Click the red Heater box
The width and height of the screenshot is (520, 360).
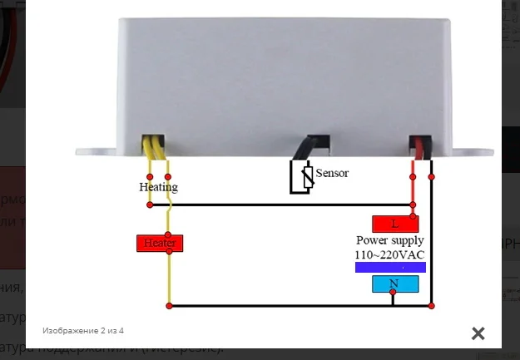[159, 243]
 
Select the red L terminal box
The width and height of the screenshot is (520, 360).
[394, 224]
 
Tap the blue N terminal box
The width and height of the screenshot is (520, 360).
[394, 284]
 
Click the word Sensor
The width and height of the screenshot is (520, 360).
[332, 173]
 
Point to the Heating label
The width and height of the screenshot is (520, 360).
[158, 187]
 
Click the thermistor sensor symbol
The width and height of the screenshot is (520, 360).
[300, 177]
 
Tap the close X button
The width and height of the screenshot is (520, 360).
[478, 333]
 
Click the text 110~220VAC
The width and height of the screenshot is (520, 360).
[390, 254]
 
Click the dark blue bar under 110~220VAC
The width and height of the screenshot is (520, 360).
[390, 268]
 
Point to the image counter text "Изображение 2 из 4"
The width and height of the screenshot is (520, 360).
[83, 330]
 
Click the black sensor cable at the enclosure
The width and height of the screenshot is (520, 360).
[314, 145]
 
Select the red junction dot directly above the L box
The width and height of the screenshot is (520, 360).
[413, 205]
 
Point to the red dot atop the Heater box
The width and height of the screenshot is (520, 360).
[169, 234]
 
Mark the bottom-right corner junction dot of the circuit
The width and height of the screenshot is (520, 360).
[432, 306]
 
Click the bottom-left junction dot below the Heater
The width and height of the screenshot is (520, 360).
[169, 306]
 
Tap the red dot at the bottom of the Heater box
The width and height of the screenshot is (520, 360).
[169, 252]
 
